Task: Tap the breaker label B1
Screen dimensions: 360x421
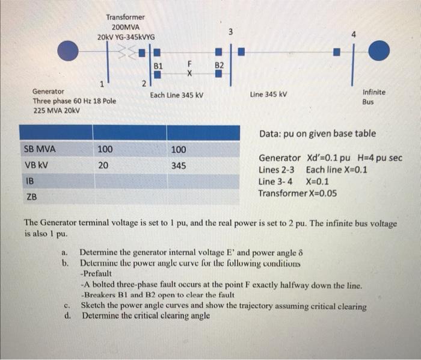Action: pyautogui.click(x=158, y=64)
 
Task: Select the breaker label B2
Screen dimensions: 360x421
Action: pyautogui.click(x=220, y=64)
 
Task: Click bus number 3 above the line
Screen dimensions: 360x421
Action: pyautogui.click(x=231, y=30)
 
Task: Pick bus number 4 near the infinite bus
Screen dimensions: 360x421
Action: pyautogui.click(x=354, y=34)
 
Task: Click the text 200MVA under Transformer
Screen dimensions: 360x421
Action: pyautogui.click(x=125, y=27)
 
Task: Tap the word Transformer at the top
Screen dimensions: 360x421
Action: pyautogui.click(x=125, y=17)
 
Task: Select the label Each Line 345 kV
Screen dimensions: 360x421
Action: pyautogui.click(x=177, y=95)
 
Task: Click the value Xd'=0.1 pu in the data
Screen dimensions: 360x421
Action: pyautogui.click(x=334, y=158)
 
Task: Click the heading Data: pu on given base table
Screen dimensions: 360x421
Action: pyautogui.click(x=318, y=133)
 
